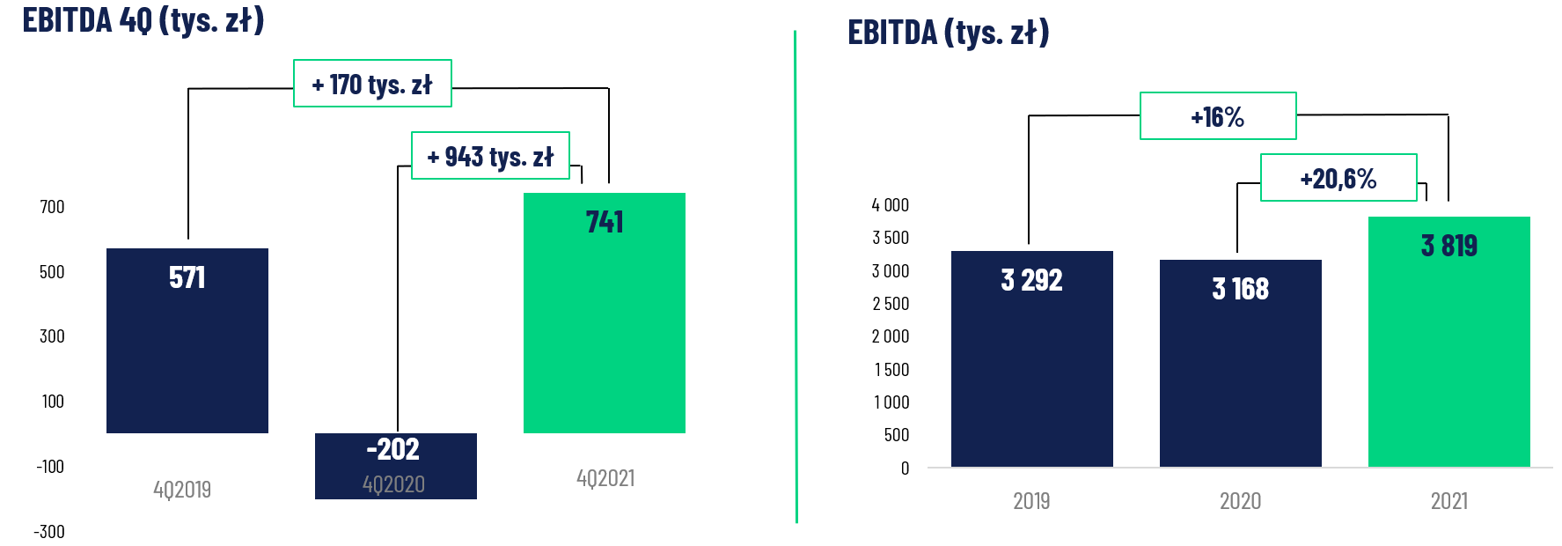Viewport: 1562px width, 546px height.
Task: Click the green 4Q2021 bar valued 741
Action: point(604,326)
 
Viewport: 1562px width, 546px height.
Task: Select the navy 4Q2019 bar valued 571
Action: point(187,352)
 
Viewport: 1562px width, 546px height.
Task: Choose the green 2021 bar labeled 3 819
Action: point(1448,352)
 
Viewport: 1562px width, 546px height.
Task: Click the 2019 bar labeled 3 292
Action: point(1031,370)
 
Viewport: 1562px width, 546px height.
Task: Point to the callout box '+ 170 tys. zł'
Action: point(372,84)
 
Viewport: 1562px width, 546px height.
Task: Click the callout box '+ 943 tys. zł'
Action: point(490,156)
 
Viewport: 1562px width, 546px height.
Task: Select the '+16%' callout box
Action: point(1217,116)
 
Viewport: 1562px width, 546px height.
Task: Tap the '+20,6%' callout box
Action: point(1338,178)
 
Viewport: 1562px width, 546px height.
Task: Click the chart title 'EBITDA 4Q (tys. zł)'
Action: point(143,19)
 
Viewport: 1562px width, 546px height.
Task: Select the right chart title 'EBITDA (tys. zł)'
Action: point(948,33)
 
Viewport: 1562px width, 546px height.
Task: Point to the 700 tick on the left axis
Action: point(52,207)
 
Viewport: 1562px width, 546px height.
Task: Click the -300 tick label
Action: point(49,532)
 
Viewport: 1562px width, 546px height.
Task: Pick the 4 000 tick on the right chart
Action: point(890,205)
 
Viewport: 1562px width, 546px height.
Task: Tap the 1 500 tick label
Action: point(891,370)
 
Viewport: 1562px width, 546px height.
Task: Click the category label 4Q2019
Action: point(182,490)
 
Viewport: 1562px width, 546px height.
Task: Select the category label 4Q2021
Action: point(605,478)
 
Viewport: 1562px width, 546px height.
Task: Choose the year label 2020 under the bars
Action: point(1240,501)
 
